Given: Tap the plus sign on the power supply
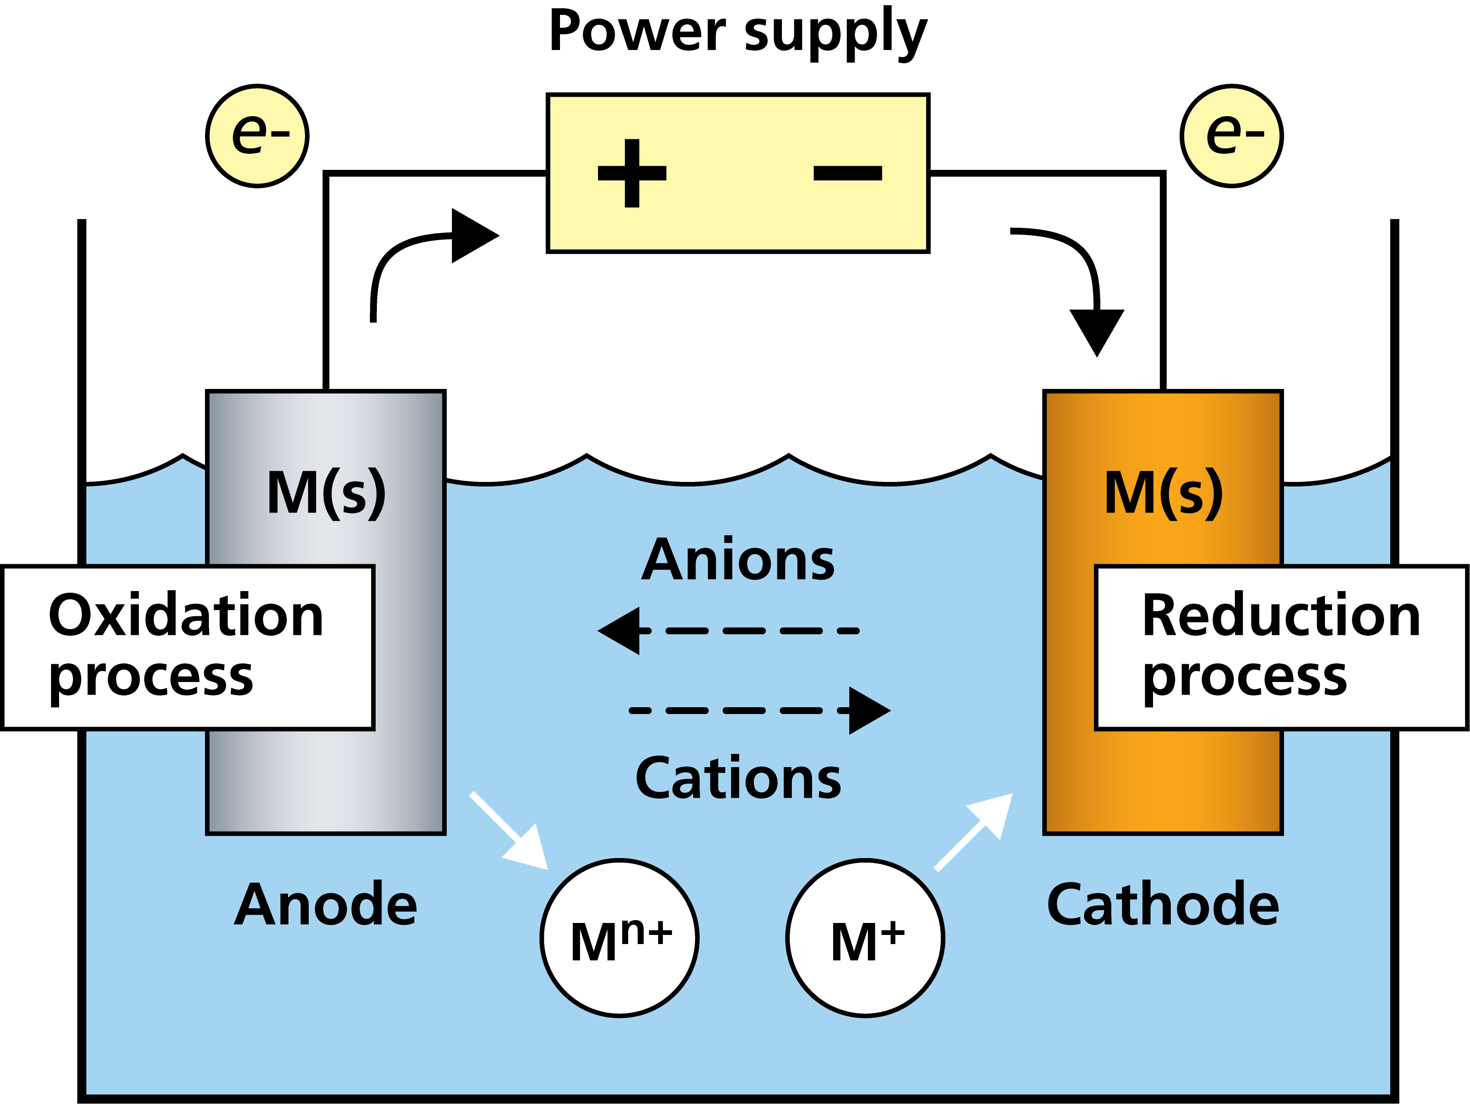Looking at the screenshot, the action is click(632, 174).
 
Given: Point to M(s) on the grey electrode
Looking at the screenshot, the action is click(326, 493).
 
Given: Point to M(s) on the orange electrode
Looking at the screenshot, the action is click(1163, 493).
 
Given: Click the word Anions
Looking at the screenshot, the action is click(738, 560).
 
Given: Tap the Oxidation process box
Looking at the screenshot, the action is click(188, 647).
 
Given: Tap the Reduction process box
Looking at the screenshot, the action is click(1281, 647).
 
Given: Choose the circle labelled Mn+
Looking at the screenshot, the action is click(619, 938).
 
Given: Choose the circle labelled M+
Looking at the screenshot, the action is click(865, 938).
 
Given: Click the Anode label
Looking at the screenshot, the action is click(326, 905).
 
